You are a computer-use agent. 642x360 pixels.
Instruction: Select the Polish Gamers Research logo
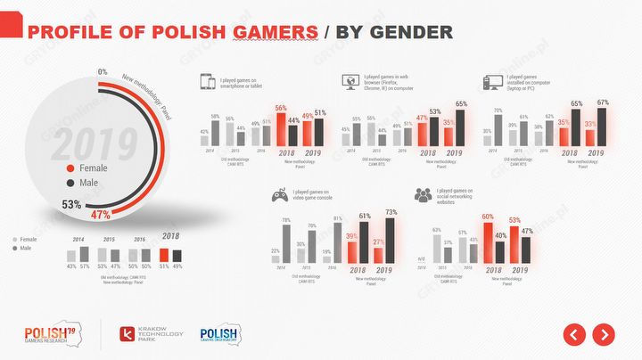pyautogui.click(x=51, y=334)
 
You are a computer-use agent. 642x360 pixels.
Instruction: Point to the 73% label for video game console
pyautogui.click(x=390, y=212)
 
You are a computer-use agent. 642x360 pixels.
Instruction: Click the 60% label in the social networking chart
pyautogui.click(x=488, y=217)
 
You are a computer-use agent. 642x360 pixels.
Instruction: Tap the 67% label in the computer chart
pyautogui.click(x=602, y=103)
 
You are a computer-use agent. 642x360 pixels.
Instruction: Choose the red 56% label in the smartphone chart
pyautogui.click(x=280, y=108)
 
